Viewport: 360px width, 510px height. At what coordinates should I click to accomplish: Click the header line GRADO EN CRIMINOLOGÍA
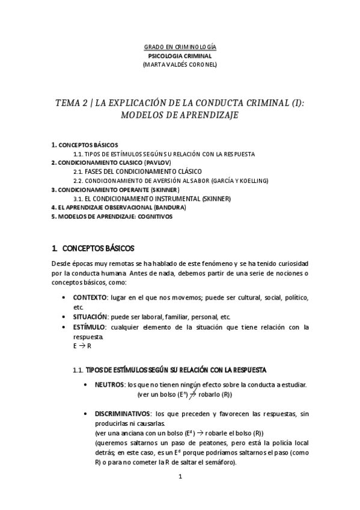coord(180,47)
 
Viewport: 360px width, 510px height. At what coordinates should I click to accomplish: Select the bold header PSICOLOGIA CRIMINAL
coord(180,55)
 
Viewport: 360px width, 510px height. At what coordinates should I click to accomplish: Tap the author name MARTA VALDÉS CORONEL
coord(180,64)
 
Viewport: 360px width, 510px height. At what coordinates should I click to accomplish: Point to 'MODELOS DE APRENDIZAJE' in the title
coord(180,114)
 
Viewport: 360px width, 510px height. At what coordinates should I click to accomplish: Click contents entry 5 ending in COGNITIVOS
coord(112,216)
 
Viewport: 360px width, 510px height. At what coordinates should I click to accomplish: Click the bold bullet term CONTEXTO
coord(90,298)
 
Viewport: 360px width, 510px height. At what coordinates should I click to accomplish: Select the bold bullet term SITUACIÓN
coord(90,316)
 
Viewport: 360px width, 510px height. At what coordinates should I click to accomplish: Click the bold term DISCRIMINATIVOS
coord(122,414)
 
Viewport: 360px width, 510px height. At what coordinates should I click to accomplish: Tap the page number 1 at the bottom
coord(180,477)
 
